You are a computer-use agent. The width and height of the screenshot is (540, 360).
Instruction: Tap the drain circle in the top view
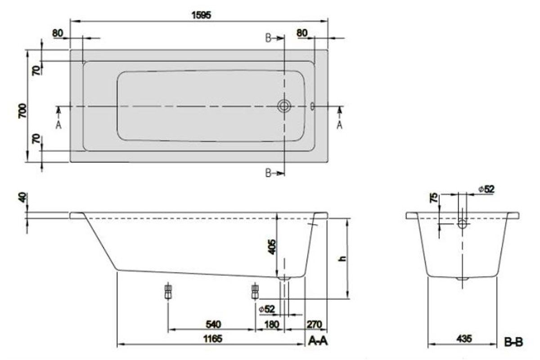tap(284, 106)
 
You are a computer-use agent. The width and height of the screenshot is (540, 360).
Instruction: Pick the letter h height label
tap(342, 259)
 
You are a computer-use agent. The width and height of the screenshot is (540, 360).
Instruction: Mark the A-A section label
tap(318, 342)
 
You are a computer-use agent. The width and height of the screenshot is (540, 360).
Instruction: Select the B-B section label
tap(513, 342)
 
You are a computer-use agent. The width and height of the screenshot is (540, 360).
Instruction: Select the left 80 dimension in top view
tap(58, 33)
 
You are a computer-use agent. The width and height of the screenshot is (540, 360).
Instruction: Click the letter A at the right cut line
tap(339, 125)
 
